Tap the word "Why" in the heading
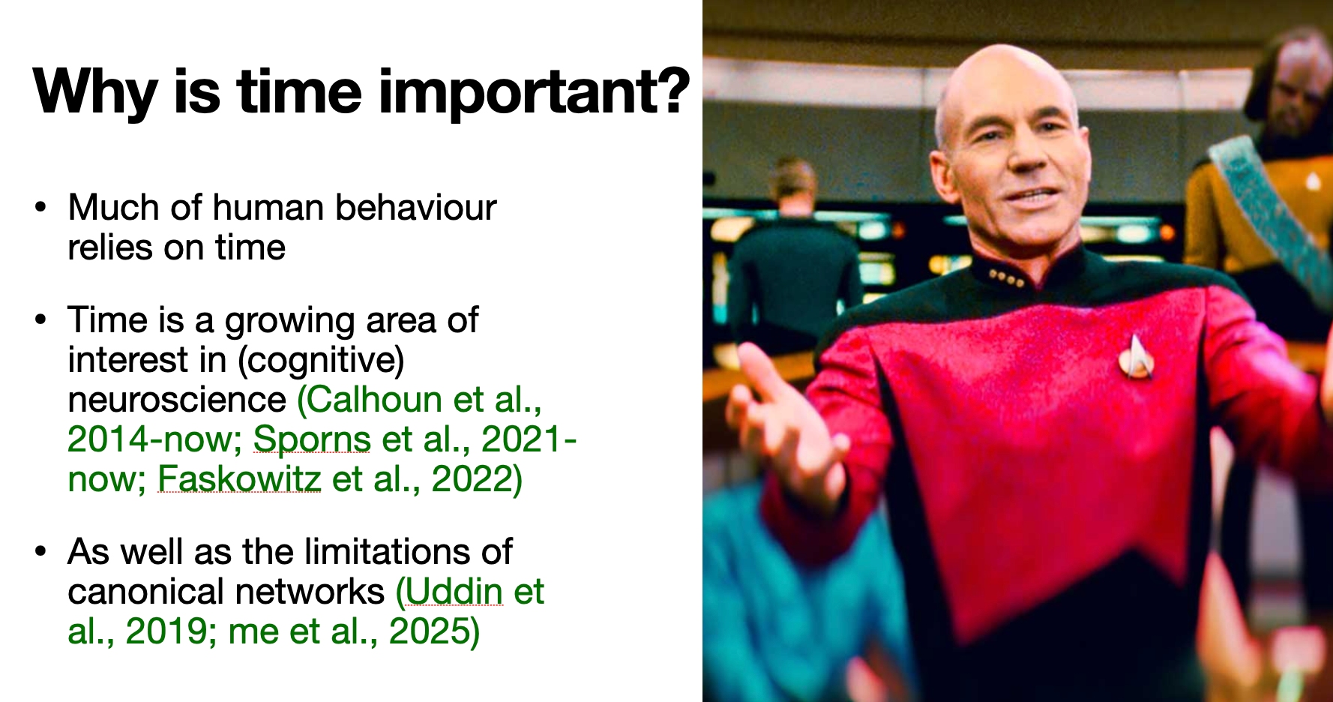click(94, 92)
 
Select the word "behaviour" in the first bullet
click(416, 208)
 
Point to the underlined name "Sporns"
click(312, 439)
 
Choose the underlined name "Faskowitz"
click(239, 478)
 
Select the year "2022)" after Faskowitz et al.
click(477, 478)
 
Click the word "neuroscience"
click(177, 399)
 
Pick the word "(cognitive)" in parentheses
click(321, 361)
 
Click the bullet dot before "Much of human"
click(41, 208)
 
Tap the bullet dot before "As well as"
click(41, 552)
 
